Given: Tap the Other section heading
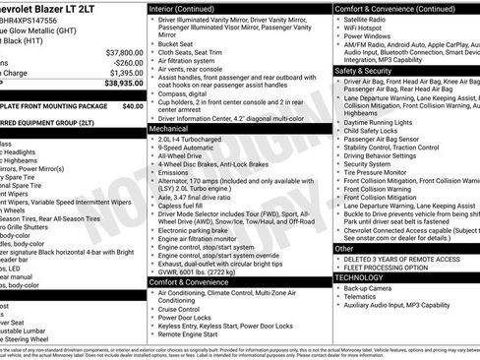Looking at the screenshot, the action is [345, 249].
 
